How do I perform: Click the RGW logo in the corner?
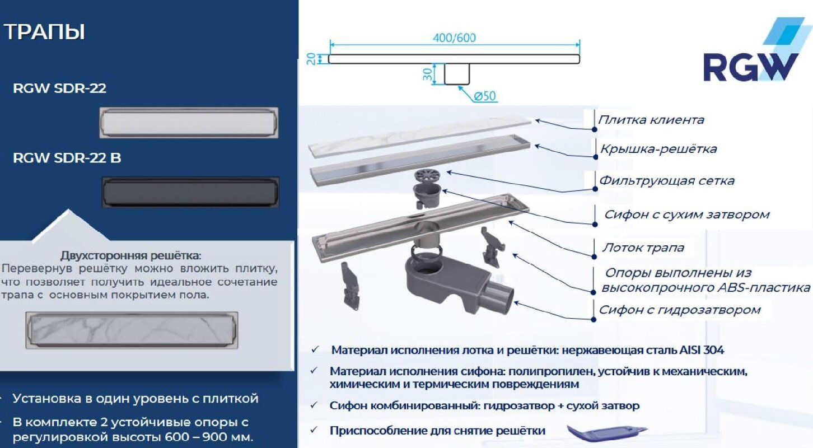(x=750, y=53)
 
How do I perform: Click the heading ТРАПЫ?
(x=45, y=32)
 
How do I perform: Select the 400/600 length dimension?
(x=454, y=38)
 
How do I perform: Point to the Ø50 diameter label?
(x=485, y=96)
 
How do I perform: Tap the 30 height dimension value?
(x=427, y=74)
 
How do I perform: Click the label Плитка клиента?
(x=651, y=120)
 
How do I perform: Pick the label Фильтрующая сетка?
(x=667, y=181)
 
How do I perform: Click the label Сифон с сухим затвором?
(x=686, y=214)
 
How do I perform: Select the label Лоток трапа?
(x=643, y=248)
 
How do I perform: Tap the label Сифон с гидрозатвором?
(x=680, y=310)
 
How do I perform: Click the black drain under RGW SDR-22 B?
(x=190, y=192)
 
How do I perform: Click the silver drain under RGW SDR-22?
(x=189, y=122)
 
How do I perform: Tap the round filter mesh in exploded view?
(x=428, y=175)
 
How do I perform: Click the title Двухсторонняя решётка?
(x=130, y=256)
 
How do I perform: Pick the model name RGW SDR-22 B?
(x=67, y=158)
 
